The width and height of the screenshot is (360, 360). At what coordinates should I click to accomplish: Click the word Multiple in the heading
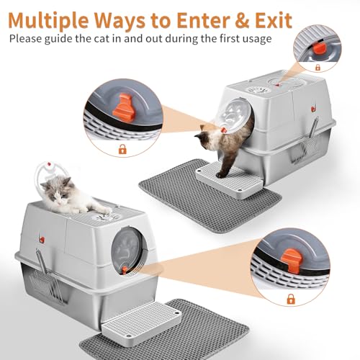click(48, 20)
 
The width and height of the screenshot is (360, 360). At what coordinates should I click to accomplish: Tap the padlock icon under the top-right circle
click(318, 67)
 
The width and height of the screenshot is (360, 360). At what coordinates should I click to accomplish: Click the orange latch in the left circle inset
click(124, 108)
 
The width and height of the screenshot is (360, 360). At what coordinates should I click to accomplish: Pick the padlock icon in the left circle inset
click(122, 149)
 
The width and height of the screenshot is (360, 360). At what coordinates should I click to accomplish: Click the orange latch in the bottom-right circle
click(292, 261)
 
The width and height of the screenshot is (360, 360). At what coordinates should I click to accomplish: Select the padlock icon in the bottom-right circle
click(291, 299)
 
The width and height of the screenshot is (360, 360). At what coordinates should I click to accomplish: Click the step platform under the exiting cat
click(229, 180)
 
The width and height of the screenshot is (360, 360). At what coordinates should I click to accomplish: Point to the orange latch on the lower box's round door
click(125, 270)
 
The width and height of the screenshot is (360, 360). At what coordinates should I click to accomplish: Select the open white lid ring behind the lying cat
click(48, 171)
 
